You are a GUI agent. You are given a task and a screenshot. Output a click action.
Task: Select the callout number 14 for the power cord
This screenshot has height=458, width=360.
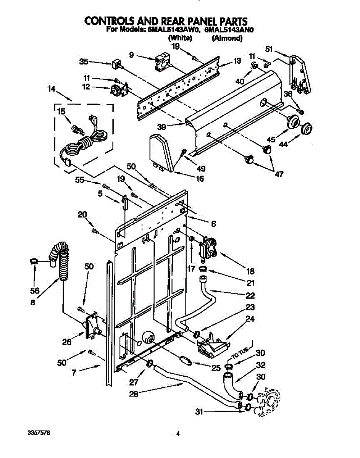51,89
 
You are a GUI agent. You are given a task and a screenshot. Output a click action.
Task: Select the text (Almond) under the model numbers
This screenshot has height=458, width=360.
228,38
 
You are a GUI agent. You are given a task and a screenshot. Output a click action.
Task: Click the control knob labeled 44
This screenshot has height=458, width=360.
306,129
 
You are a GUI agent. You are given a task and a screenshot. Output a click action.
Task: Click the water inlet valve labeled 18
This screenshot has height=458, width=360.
207,248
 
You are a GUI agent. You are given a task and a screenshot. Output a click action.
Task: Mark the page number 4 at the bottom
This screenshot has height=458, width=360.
178,434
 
